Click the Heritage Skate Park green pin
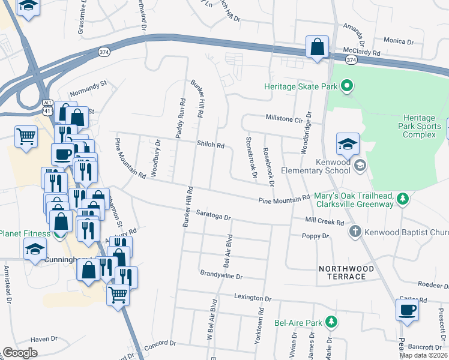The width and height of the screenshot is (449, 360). click(346, 86)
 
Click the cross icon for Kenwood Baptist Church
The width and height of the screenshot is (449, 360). click(355, 232)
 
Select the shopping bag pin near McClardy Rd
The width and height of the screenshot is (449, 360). click(317, 47)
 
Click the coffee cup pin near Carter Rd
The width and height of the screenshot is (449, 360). click(407, 310)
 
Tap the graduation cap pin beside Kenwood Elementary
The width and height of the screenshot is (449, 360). click(348, 144)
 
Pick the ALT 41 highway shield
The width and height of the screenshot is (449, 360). click(47, 107)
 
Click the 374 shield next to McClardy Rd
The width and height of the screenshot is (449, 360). click(351, 60)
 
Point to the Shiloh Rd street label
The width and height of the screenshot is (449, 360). click(210, 145)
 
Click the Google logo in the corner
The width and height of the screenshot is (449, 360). click(20, 353)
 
